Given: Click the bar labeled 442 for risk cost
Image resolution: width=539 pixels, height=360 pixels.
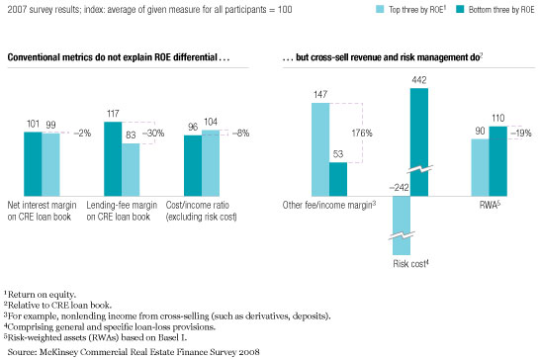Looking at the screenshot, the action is [419, 142].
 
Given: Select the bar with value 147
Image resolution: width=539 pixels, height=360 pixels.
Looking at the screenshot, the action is [320, 149].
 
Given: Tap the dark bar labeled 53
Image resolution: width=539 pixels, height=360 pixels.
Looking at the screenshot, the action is [338, 179].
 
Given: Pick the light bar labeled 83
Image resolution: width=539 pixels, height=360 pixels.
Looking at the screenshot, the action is [131, 170].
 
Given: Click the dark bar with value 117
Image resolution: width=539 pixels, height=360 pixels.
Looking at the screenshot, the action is [113, 159].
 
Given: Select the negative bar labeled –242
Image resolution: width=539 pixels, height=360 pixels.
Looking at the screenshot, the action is [402, 225].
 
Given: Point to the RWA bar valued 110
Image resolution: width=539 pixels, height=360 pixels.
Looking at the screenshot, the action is [498, 161].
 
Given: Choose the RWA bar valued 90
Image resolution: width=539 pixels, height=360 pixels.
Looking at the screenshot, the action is [481, 167].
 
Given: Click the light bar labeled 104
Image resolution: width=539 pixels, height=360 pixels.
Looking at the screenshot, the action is [211, 163].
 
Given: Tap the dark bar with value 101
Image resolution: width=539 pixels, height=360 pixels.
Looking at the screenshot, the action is [33, 164].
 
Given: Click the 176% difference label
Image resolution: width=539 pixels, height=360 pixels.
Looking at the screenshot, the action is [362, 133].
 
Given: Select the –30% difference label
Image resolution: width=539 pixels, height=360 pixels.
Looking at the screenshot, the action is [153, 133].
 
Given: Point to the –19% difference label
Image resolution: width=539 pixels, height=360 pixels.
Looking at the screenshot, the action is [521, 133].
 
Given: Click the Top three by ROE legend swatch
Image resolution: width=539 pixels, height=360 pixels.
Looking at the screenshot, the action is [380, 9].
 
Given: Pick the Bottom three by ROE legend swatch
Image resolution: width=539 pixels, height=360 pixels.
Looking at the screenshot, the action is [460, 9].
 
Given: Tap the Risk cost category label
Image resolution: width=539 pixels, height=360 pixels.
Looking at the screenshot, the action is [410, 264].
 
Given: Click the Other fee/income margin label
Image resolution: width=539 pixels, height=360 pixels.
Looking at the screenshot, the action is [329, 205].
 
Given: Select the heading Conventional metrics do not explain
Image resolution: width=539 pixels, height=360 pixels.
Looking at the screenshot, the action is [119, 57].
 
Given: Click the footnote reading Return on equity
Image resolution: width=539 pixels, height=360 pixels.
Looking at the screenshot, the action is [40, 295].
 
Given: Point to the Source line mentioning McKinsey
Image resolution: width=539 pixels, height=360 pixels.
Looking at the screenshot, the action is [134, 352].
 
